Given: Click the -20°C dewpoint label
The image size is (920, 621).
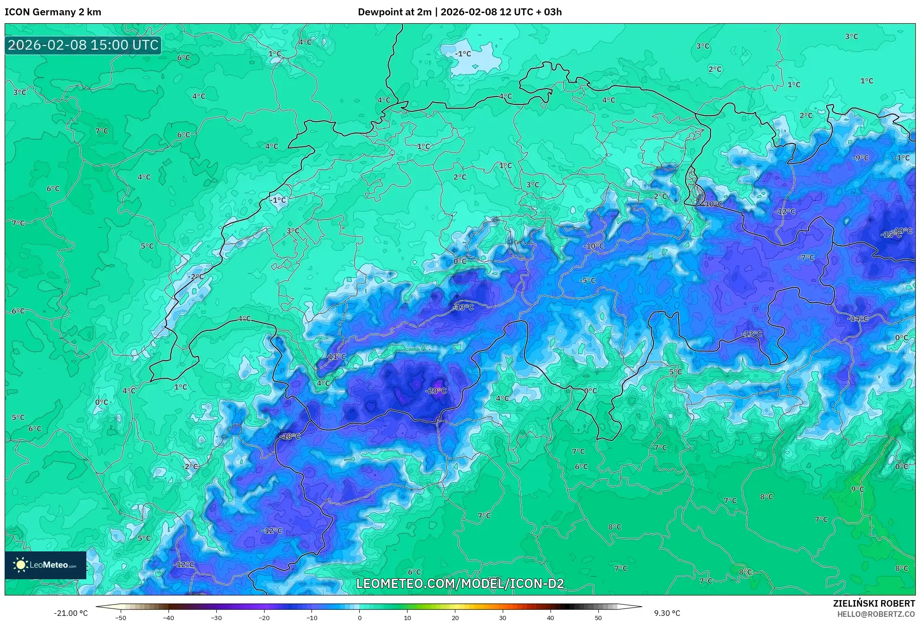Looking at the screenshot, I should point(435,391).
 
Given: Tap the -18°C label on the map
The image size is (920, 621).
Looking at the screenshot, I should point(290,436).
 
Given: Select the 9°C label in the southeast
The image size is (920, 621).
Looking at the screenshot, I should point(857,489).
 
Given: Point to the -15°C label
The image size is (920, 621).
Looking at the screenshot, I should point(891,235).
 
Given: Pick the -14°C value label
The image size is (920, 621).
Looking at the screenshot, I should point(857,318).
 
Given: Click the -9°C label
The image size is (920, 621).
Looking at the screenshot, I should point(860,158).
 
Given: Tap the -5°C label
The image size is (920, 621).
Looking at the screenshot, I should point(587,280).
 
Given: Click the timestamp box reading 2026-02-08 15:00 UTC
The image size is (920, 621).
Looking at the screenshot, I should point(83,45).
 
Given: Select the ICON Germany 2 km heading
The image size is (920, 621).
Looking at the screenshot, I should point(53,12).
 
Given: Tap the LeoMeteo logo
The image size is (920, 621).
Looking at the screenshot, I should point(45,565).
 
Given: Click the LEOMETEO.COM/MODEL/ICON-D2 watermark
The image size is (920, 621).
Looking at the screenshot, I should point(460,583).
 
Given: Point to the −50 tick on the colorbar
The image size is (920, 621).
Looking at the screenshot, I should point(121,617).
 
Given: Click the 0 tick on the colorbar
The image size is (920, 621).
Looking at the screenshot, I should point(359,617).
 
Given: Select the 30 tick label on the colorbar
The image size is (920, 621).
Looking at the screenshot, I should point(503,617).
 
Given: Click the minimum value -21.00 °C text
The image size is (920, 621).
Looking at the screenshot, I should point(71,613).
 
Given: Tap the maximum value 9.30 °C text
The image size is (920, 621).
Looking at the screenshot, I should point(667,613).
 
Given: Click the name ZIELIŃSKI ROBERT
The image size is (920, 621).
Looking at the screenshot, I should point(874,603).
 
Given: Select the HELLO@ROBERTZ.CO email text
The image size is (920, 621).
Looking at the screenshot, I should point(875,614).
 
